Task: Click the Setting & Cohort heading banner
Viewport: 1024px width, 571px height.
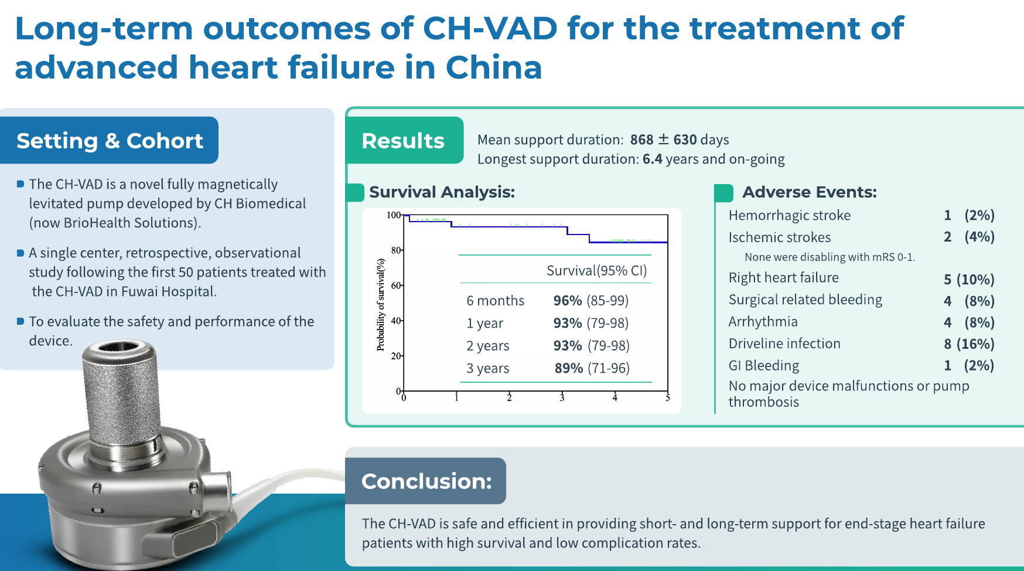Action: pos(110,141)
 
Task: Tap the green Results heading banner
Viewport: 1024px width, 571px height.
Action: pos(404,141)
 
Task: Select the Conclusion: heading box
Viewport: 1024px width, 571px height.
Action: pos(426,481)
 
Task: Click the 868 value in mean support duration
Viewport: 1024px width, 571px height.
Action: pos(641,140)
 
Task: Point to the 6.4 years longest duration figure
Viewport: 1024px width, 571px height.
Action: pos(652,159)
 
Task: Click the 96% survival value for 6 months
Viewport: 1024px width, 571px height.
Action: pos(568,301)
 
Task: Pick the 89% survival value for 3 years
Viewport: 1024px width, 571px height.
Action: pos(568,368)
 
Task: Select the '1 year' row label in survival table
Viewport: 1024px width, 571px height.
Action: pos(484,323)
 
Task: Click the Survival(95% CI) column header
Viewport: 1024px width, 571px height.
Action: pos(596,270)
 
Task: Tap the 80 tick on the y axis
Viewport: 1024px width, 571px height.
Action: pos(396,250)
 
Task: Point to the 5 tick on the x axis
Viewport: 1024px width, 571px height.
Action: pos(667,398)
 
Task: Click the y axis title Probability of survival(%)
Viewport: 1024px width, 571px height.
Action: pos(381,305)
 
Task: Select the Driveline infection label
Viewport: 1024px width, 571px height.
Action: pos(784,344)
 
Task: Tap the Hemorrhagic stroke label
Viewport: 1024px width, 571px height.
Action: pos(789,215)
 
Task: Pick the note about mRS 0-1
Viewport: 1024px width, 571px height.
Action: pos(829,257)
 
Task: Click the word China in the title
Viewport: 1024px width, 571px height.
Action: pos(493,67)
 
